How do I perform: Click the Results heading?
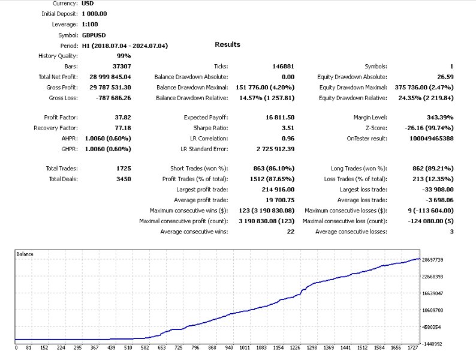[227, 44]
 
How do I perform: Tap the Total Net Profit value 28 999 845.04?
[106, 77]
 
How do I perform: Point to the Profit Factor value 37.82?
[122, 118]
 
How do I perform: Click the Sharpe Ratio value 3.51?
[288, 128]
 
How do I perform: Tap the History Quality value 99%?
[124, 56]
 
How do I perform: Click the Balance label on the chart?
[25, 254]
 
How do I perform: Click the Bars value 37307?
[120, 67]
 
